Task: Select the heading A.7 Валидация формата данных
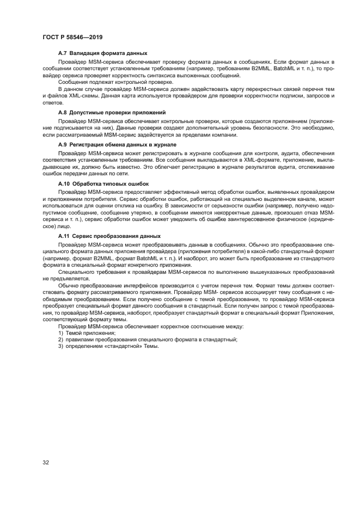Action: point(102,53)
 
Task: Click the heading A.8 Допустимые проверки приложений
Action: point(111,112)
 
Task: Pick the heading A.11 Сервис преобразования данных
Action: point(109,236)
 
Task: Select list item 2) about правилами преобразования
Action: point(148,339)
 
